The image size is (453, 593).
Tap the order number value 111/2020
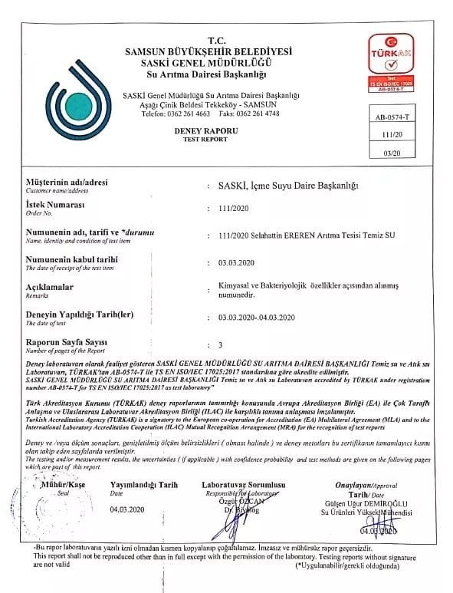coord(234,208)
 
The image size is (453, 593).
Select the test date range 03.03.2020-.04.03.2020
coord(258,316)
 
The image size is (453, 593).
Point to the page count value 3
coord(221,344)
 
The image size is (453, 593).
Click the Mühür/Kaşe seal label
coord(57,486)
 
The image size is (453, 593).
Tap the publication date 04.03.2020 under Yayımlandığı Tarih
coord(127,509)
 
